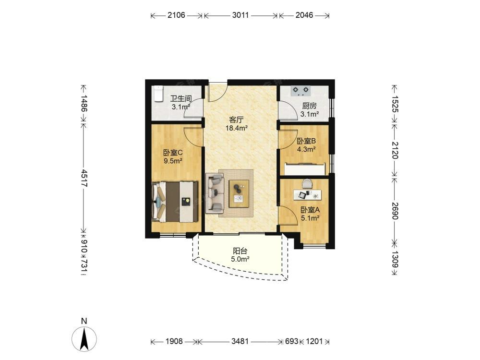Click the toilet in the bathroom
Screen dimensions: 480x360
(x=158, y=94)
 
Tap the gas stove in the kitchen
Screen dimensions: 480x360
(x=300, y=91)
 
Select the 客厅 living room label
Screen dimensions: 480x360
(x=236, y=120)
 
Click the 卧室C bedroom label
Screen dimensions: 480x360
(x=173, y=152)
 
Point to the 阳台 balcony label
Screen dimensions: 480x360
(x=240, y=251)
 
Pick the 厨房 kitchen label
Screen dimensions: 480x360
(x=309, y=106)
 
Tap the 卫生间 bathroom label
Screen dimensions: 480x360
(x=181, y=98)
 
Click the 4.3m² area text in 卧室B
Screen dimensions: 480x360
(x=306, y=149)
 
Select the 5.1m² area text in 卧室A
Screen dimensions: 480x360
(x=311, y=218)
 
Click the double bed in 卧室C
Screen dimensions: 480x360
(x=175, y=202)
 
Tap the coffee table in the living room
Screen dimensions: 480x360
(x=239, y=193)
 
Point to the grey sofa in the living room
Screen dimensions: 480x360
(x=215, y=192)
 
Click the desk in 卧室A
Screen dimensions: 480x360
(x=308, y=194)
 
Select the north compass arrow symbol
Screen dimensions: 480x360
(x=84, y=339)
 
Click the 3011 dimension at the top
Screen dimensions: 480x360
(x=240, y=15)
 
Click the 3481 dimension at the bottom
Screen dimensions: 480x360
(x=240, y=341)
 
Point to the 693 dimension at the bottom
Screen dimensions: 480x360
(x=291, y=341)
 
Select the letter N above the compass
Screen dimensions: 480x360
(x=84, y=321)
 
